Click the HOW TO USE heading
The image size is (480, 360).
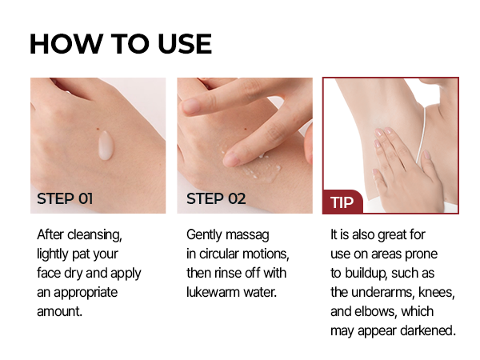coord(121,44)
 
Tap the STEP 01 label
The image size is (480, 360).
coord(65,198)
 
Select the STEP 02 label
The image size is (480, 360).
coord(216,198)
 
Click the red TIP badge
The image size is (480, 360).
coord(342,202)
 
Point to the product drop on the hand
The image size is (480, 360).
coord(106,146)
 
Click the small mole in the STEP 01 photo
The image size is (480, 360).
coord(98,128)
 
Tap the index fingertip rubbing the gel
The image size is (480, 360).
coord(231,158)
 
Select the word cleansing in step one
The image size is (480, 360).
coord(94,235)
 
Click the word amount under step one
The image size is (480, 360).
coord(60,312)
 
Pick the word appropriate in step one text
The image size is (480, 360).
coord(86,293)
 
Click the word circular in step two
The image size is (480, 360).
coord(219,254)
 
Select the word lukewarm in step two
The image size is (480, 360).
coord(214,292)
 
